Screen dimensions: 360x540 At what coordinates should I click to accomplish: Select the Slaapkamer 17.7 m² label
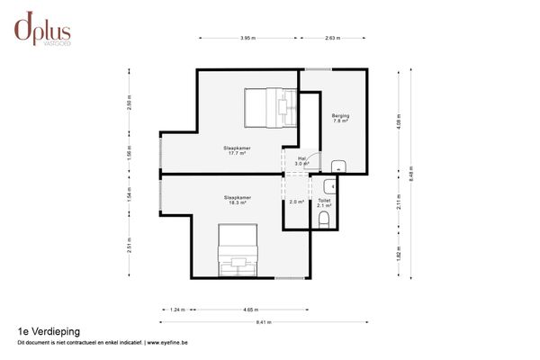click(237, 150)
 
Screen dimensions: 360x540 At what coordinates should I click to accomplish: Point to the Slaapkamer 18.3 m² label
click(237, 200)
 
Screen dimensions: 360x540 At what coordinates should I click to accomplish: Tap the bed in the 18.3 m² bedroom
click(238, 251)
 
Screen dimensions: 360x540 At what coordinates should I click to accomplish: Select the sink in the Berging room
click(338, 165)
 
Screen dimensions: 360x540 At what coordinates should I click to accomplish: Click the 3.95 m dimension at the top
click(247, 39)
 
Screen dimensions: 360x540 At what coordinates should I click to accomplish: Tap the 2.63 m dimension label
click(332, 39)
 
